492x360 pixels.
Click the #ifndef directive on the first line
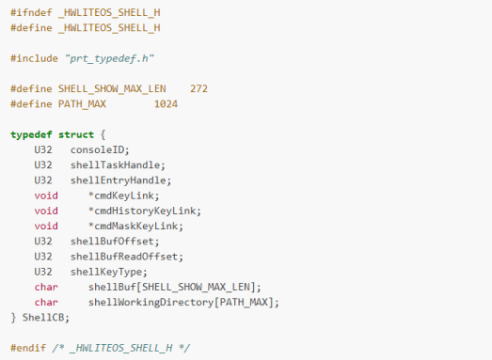pos(29,12)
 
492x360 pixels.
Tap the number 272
pos(198,88)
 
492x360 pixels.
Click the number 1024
pos(167,103)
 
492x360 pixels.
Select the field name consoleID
pos(98,149)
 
